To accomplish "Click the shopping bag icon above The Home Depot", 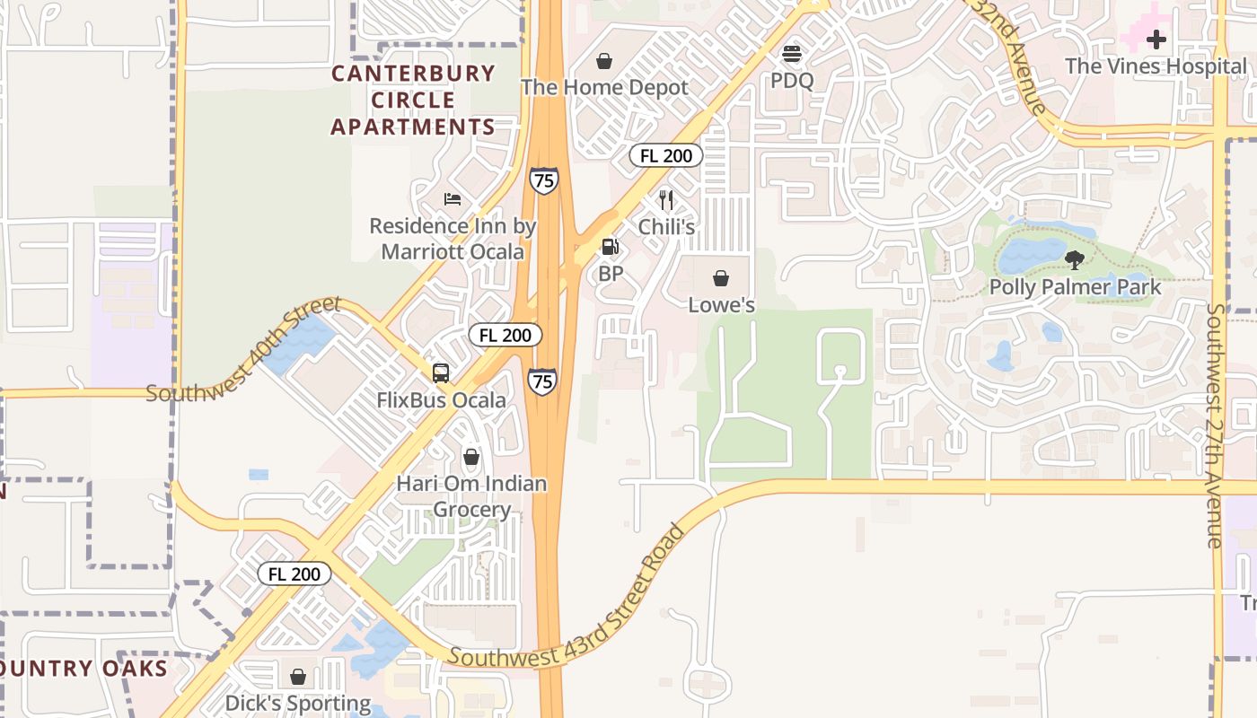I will [604, 61].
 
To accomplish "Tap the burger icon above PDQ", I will [791, 54].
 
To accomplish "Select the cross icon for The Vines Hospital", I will [1156, 39].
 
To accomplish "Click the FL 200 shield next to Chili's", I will [665, 155].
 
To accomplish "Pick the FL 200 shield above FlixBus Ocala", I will [505, 335].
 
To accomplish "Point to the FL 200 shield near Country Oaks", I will [294, 574].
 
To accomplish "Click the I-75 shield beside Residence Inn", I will [543, 179].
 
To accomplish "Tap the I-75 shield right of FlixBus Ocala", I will [541, 381].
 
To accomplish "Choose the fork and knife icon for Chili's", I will [665, 199].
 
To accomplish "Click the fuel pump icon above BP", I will [610, 246].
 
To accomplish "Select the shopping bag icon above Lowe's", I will [720, 278].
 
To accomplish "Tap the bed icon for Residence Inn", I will [453, 198].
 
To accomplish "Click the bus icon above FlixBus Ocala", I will [440, 373].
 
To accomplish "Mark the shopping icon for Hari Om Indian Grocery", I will [471, 457].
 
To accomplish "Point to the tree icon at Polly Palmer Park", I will [1074, 260].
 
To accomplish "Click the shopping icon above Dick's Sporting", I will [297, 676].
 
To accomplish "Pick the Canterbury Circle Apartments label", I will [413, 100].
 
